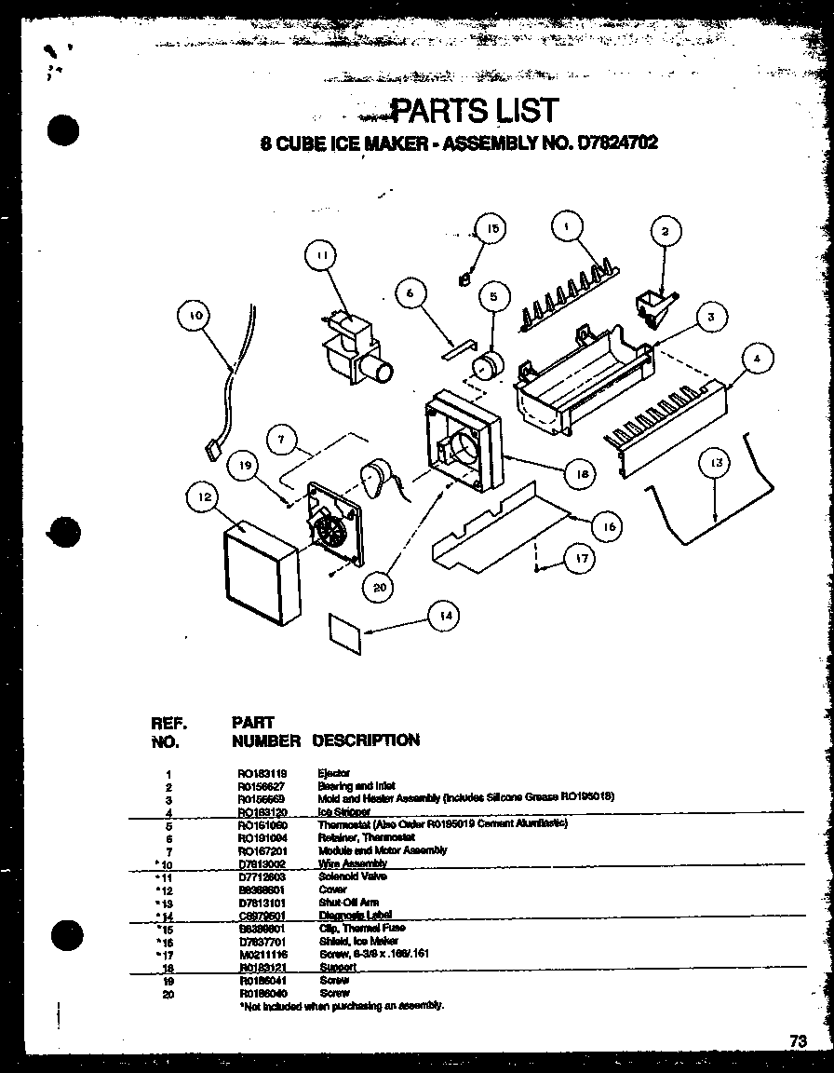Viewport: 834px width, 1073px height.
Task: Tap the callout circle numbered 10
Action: coord(195,316)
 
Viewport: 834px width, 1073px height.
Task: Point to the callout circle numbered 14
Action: coord(446,615)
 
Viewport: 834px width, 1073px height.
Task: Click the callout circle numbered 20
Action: coord(380,587)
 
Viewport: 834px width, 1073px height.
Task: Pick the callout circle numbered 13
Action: coord(715,461)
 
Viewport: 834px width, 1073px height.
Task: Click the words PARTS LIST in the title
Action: coord(474,110)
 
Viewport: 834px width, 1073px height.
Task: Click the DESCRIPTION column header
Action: coord(366,740)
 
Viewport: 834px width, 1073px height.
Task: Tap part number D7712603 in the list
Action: coord(261,876)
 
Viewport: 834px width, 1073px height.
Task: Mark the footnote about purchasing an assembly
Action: coord(342,1006)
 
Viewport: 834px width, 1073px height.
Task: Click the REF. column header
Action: coord(169,723)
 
